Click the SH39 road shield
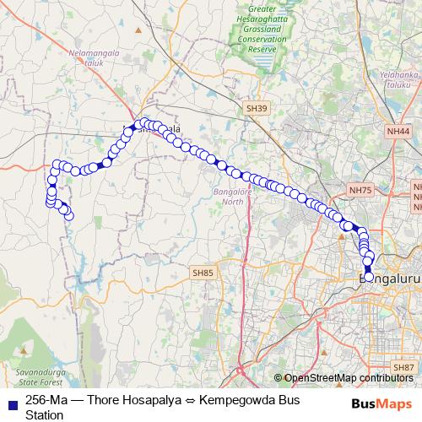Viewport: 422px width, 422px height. pos(257,109)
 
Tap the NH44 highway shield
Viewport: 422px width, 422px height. pos(398,131)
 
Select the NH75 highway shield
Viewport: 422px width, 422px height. pos(360,191)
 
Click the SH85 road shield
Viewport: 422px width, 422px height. pos(203,273)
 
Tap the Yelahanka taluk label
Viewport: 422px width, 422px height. pos(400,79)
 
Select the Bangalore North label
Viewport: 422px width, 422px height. pos(227,197)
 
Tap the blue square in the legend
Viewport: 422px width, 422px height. pos(12,400)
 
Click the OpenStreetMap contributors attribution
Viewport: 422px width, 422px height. pos(347,377)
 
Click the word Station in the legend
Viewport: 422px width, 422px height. pos(45,414)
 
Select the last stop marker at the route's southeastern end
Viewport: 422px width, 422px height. pos(369,276)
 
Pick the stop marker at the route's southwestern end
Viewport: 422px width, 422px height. pos(69,216)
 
